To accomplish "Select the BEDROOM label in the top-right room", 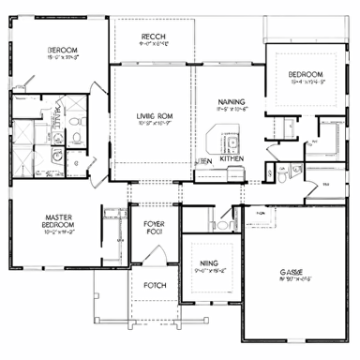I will tap(305, 74).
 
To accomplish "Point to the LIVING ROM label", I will tap(150, 115).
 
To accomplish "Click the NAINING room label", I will tap(232, 102).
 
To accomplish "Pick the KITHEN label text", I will tap(232, 159).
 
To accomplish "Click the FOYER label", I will tap(154, 224).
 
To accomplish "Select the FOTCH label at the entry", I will tap(154, 285).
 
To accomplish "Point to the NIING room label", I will tap(210, 264).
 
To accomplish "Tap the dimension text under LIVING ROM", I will tap(150, 124).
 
